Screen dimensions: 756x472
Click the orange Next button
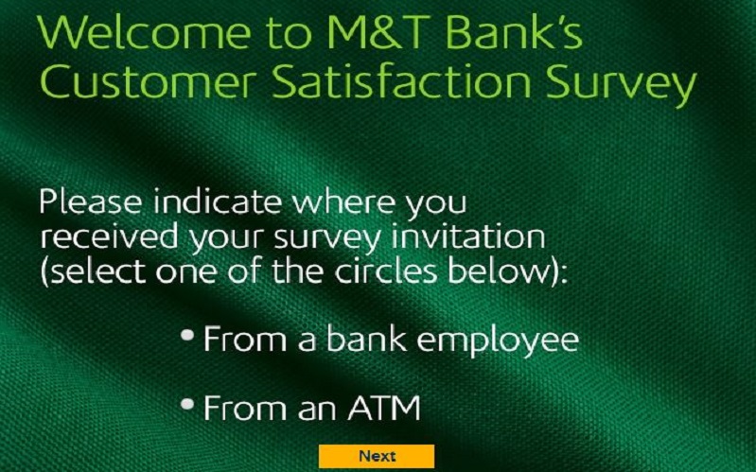376,456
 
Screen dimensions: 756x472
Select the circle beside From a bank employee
187,335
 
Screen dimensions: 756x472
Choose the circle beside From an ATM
187,404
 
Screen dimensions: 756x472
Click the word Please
90,201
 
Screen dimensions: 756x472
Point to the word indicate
217,201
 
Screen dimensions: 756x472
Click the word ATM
384,408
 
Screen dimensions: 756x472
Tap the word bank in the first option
366,339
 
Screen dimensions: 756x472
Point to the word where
343,201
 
